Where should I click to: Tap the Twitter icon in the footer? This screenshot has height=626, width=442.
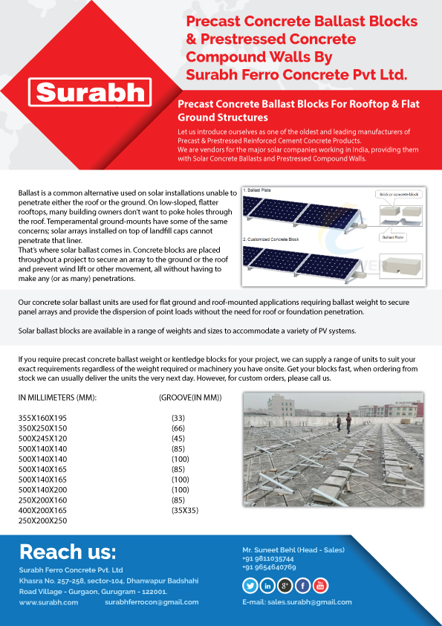(x=250, y=585)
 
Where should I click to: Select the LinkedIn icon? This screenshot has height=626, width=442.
(x=267, y=585)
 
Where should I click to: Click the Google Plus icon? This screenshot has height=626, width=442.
(x=285, y=585)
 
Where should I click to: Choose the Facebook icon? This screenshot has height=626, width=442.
(x=303, y=585)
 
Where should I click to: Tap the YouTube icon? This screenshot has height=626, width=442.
(x=320, y=585)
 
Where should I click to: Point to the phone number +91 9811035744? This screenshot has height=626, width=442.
(x=268, y=558)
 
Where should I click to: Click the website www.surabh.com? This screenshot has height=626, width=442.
(x=48, y=602)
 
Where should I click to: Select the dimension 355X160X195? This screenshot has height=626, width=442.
(x=42, y=419)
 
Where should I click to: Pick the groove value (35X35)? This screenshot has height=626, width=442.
(x=185, y=511)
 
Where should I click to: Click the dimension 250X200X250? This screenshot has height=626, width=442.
(x=42, y=520)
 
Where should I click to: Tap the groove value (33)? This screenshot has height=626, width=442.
(x=178, y=419)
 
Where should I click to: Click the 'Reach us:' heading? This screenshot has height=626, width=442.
(x=68, y=552)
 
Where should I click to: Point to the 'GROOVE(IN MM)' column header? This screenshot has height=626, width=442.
(x=190, y=398)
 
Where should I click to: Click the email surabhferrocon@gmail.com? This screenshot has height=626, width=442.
(x=152, y=602)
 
